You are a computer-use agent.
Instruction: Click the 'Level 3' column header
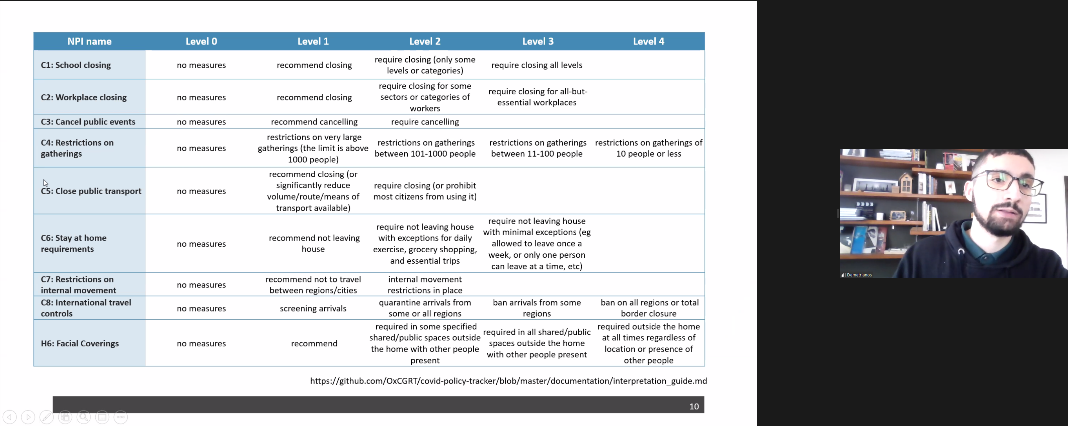(x=537, y=41)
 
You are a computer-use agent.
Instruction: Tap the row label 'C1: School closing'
(x=76, y=65)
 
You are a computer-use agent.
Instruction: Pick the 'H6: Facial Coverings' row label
(x=80, y=344)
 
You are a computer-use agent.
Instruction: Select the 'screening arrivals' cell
(x=313, y=308)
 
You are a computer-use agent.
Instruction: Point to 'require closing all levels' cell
(x=537, y=65)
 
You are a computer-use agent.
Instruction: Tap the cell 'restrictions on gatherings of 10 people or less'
(x=648, y=148)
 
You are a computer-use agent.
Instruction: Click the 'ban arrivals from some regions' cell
(x=537, y=308)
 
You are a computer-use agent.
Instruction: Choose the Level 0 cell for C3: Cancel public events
(x=201, y=122)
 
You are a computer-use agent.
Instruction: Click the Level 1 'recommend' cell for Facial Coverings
(x=314, y=344)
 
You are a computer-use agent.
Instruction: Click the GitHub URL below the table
(x=508, y=381)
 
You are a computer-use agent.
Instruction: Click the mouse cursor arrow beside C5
(x=45, y=183)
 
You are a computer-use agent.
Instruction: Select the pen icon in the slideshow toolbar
(x=47, y=417)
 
